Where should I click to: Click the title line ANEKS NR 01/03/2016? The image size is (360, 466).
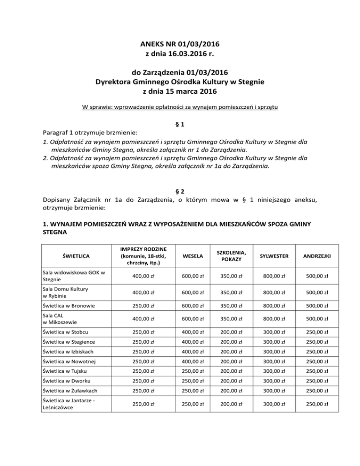(x=180, y=44)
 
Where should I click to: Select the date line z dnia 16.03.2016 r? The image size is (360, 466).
(x=180, y=54)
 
